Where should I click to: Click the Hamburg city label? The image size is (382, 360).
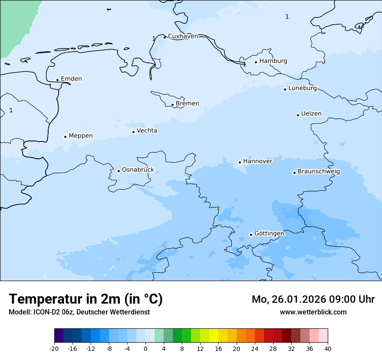273,61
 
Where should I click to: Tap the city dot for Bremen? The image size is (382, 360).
172,105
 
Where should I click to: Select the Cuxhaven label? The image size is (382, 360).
183,36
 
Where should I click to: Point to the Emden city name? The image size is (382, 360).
71,79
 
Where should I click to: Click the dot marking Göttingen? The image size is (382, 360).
251,235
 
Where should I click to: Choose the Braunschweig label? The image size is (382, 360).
319,172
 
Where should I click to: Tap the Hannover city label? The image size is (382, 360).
257,161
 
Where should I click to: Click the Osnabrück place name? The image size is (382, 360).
138,170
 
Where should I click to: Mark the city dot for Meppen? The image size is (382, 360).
65,137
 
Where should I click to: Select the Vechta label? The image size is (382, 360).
147,131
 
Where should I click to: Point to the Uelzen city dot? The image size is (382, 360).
298,115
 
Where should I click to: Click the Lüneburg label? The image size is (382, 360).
302,88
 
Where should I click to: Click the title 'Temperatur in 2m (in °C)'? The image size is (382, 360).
86,299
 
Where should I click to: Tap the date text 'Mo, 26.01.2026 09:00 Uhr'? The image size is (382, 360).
313,299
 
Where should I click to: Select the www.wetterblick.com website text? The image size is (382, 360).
313,312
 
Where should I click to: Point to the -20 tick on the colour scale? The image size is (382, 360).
54,349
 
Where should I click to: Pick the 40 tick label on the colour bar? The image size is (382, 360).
328,349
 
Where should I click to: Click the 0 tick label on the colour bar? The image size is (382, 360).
145,349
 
